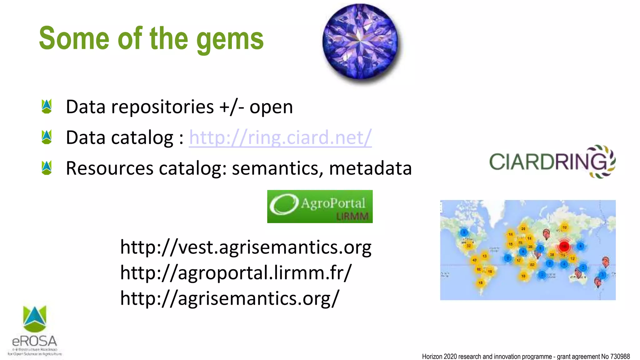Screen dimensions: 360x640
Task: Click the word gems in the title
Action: click(x=230, y=40)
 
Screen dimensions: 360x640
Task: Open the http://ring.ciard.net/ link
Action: click(x=280, y=137)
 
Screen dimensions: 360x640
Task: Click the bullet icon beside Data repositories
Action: click(x=47, y=106)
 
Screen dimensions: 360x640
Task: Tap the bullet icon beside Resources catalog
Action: click(x=47, y=168)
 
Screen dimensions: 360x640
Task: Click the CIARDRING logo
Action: click(x=552, y=162)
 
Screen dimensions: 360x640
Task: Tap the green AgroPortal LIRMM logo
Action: click(x=320, y=206)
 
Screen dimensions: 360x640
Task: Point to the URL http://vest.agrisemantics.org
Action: click(x=246, y=247)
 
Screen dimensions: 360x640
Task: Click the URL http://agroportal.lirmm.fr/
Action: click(x=236, y=272)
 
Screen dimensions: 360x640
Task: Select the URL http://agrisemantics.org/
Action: click(x=230, y=298)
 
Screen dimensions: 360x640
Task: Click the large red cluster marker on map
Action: click(x=564, y=246)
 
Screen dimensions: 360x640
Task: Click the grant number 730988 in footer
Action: click(x=620, y=356)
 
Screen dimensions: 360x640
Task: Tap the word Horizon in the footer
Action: click(x=432, y=356)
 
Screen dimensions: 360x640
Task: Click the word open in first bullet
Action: click(x=271, y=107)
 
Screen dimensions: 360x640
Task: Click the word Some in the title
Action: click(x=74, y=39)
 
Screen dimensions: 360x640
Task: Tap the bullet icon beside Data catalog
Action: click(x=47, y=137)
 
